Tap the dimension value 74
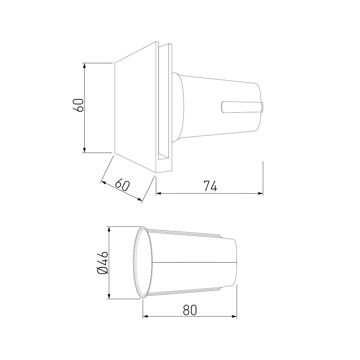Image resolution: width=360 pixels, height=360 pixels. [210, 186]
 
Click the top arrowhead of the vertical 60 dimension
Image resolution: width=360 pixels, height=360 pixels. [85, 66]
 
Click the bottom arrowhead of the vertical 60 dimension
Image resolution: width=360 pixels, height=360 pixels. [85, 150]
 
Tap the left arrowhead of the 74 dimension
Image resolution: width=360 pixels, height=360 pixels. [159, 194]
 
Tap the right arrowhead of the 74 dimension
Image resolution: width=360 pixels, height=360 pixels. [260, 194]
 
